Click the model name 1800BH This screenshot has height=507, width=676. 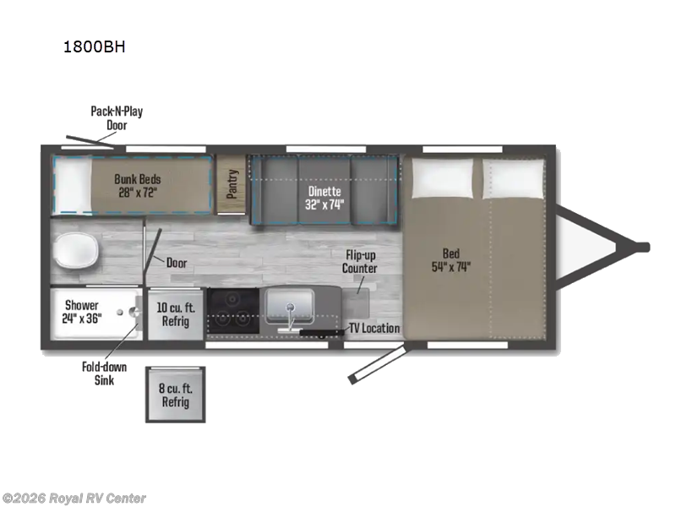coord(95,46)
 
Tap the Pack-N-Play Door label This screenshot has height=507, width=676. coord(117,118)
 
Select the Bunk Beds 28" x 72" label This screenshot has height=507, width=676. coord(138,185)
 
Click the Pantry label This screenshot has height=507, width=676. coord(232,184)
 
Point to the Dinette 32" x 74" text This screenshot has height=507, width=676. coord(324,198)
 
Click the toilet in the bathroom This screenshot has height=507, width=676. coord(76,250)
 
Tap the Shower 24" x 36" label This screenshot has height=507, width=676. coord(81,311)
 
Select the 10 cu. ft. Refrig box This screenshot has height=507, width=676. coord(176,314)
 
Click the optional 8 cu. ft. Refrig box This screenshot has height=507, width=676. coord(175,395)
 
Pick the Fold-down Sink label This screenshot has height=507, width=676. coord(104,373)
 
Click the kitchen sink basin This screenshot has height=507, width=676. coord(290,305)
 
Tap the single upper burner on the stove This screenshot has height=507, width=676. coord(233,298)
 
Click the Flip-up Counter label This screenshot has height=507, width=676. coord(360,262)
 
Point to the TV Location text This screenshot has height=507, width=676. coord(374,328)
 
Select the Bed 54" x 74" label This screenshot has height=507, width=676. coord(451,260)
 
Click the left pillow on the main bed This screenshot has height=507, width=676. coord(443,178)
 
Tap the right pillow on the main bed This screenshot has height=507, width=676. coord(513,178)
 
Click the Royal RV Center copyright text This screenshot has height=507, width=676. coord(74,499)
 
